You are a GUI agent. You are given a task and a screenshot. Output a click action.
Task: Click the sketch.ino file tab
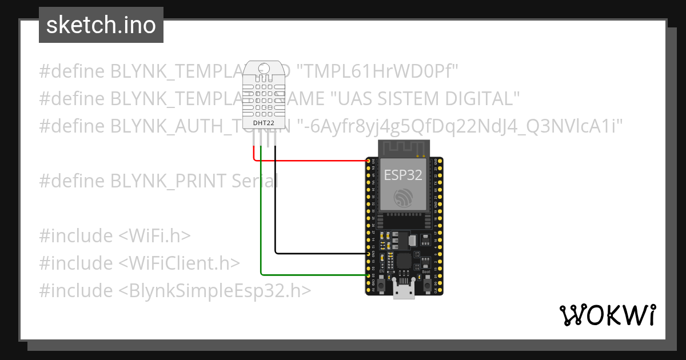click(101, 25)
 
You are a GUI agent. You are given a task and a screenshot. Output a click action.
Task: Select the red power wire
click(314, 161)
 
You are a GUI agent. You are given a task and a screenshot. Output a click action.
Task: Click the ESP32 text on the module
click(403, 174)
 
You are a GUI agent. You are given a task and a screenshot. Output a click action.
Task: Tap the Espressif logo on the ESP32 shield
click(403, 198)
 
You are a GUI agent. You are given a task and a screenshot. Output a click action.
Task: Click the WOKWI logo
click(607, 315)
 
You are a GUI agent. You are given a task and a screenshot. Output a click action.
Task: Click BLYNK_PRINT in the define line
click(169, 181)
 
